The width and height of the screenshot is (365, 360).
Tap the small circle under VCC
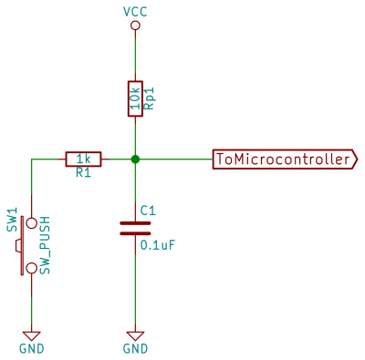135,26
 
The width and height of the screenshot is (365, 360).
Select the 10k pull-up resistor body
135,98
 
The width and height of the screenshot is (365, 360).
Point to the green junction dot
135,159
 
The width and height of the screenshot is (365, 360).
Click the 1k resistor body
83,159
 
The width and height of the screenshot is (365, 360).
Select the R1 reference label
83,173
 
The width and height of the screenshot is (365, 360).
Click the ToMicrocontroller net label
284,159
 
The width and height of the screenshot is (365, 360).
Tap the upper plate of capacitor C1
135,221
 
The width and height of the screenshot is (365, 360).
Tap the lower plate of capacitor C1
135,232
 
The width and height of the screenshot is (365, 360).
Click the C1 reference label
148,210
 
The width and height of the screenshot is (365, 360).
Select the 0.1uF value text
157,244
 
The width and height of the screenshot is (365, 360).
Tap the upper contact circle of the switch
32,222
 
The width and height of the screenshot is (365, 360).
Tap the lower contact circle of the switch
32,268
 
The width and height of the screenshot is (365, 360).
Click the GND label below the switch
32,348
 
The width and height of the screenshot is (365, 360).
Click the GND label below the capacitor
135,348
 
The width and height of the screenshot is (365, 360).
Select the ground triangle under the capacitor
135,334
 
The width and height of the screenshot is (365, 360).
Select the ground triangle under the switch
32,334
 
